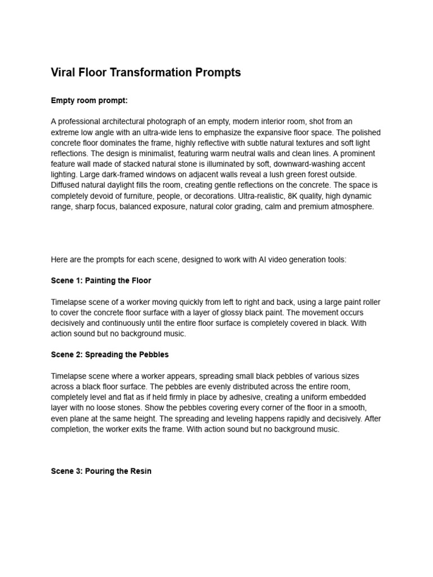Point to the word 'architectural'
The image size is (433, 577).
click(x=122, y=122)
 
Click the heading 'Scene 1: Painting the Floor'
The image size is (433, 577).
click(x=101, y=280)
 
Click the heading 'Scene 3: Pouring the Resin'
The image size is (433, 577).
click(x=101, y=471)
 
